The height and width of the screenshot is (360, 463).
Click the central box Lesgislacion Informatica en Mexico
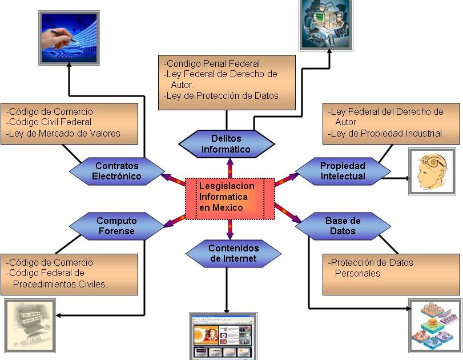[230, 199]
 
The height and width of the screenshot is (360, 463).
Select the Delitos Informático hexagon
[227, 144]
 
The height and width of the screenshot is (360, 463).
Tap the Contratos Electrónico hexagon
[117, 171]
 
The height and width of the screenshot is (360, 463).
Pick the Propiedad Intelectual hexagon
[343, 171]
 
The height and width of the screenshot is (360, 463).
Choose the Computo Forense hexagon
[117, 226]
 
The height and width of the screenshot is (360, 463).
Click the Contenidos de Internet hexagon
[233, 254]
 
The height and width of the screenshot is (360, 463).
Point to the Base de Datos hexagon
[343, 226]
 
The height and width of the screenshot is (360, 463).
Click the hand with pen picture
[69, 38]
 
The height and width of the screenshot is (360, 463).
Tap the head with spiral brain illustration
[432, 171]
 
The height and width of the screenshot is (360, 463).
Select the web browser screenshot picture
[223, 336]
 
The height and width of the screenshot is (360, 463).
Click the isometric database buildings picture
[433, 326]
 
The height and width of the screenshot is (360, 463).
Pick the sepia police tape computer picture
[30, 326]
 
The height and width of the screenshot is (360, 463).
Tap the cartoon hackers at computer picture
[326, 25]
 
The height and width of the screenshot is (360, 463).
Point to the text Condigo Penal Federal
[213, 63]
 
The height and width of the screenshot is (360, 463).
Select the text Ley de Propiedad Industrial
[386, 134]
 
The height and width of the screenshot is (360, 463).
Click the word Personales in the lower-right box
[357, 273]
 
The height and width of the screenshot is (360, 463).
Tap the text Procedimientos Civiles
[60, 285]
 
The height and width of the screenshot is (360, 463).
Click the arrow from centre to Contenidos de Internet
[230, 230]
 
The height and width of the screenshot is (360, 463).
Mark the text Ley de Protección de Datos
[222, 96]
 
